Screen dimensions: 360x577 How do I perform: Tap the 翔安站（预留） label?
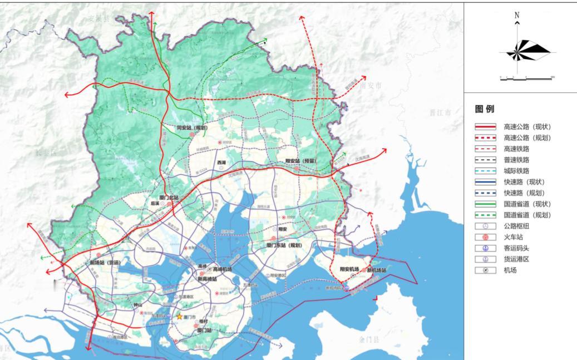300,161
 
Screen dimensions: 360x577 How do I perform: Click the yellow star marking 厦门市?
179,317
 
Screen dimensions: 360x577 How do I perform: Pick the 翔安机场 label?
350,269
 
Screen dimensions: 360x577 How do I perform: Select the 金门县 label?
368,338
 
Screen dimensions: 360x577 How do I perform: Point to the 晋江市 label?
439,112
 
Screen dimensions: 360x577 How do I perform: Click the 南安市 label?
371,86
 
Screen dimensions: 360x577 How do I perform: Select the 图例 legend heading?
484,109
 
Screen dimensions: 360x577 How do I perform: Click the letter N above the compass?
517,16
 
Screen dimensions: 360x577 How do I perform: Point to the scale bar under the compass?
526,79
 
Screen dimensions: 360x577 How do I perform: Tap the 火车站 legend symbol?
485,237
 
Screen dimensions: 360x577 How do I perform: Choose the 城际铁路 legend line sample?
485,171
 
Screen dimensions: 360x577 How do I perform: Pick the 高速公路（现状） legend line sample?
485,127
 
